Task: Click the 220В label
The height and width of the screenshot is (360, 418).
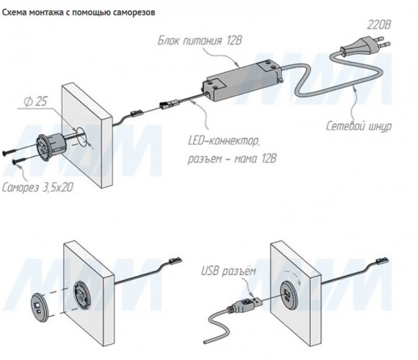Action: point(378,25)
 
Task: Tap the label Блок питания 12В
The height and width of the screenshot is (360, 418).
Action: point(200,41)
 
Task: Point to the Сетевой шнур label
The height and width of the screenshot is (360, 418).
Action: point(359,126)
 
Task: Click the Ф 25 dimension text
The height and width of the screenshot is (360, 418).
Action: point(35,102)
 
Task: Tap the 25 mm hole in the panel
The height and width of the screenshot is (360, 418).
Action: point(82,136)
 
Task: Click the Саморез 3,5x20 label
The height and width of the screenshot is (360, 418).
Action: point(37,187)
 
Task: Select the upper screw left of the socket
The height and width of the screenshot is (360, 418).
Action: point(20,149)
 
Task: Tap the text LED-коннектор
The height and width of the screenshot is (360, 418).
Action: point(223,141)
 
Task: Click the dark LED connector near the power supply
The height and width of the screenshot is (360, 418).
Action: point(169,103)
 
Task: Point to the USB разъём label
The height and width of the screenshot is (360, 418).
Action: point(228,271)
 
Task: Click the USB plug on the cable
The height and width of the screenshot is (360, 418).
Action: point(244,304)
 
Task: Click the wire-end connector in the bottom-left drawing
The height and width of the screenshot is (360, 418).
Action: point(175,260)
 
